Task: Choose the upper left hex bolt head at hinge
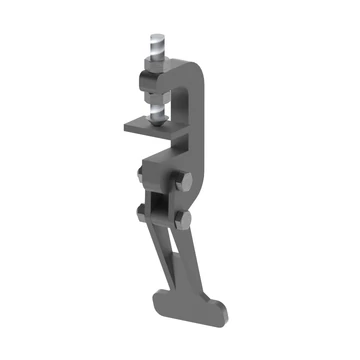(142, 177)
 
